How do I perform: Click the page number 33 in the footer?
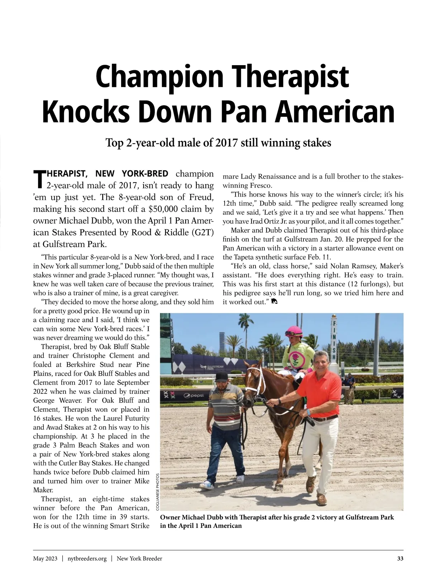(x=400, y=559)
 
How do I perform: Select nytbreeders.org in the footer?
(x=87, y=559)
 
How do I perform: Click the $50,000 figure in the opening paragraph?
(x=164, y=209)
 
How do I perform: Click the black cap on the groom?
(x=222, y=376)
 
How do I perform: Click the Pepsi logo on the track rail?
(x=193, y=395)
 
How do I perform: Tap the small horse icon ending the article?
(x=274, y=302)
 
